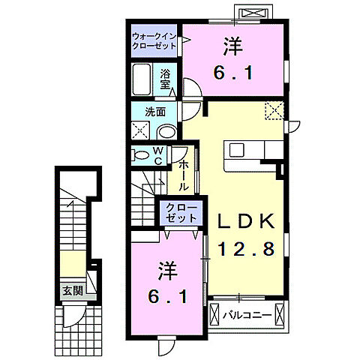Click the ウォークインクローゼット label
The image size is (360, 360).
pos(154,40)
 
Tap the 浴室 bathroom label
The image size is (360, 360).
pos(166,79)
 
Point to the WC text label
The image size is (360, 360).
pos(160,155)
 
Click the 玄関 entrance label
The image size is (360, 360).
pos(72,290)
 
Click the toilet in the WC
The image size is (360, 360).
pos(141,155)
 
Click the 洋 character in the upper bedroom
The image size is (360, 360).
pos(232,46)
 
